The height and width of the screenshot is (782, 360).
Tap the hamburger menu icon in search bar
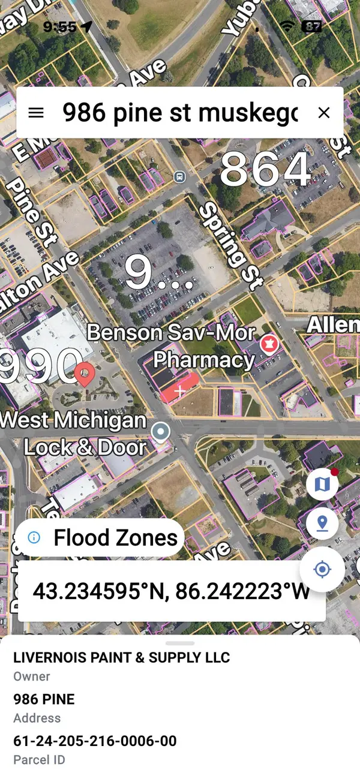[x=36, y=113]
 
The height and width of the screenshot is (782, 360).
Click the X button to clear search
[x=324, y=113]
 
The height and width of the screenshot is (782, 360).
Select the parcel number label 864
[x=265, y=170]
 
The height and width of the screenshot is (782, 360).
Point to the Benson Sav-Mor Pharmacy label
[x=171, y=345]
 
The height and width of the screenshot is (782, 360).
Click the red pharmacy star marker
[x=268, y=344]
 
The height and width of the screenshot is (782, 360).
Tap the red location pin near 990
[x=86, y=374]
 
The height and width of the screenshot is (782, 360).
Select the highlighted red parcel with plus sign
[x=179, y=389]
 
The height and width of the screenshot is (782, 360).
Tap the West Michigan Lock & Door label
[x=75, y=433]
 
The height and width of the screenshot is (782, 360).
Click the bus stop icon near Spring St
[x=179, y=177]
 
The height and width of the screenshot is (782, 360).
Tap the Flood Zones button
[x=100, y=537]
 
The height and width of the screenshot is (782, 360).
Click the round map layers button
[x=322, y=484]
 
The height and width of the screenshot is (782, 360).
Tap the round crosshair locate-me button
[x=322, y=569]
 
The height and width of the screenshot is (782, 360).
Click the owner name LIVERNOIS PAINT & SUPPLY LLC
[x=122, y=657]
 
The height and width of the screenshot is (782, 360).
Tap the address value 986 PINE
[x=44, y=699]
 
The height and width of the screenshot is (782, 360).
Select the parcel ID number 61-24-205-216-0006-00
[x=95, y=741]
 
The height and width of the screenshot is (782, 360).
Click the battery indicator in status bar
[x=311, y=26]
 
